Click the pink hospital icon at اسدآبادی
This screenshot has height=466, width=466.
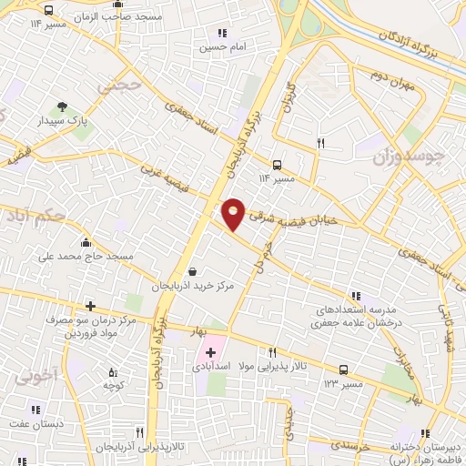click(x=212, y=350)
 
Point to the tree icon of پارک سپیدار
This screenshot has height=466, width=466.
click(x=62, y=106)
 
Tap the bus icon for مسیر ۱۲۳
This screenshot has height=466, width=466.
click(x=343, y=370)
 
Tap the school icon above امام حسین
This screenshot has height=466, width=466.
click(x=221, y=33)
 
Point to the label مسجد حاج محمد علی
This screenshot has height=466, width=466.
click(x=86, y=256)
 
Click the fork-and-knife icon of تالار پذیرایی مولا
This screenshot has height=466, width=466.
click(x=271, y=352)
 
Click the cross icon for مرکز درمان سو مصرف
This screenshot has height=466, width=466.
click(x=89, y=307)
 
